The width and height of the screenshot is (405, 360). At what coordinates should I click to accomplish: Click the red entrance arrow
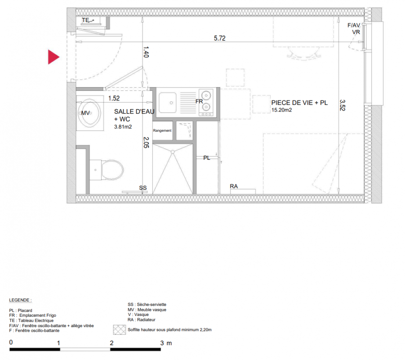[x=53, y=57]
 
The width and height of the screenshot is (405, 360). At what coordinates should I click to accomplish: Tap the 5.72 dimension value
[x=219, y=38]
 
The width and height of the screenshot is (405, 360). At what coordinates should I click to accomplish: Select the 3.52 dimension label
[x=343, y=105]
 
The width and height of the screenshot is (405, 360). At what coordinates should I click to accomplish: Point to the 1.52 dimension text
[x=114, y=98]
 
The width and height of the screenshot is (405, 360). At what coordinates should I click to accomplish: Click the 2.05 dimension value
[x=146, y=143]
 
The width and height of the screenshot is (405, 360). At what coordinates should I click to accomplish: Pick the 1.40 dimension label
[x=146, y=52]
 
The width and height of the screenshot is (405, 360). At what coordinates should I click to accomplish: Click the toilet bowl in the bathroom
[x=112, y=170]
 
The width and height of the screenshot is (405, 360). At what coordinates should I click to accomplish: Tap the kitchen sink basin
[x=167, y=103]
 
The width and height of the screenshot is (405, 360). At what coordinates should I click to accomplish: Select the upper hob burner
[x=206, y=95]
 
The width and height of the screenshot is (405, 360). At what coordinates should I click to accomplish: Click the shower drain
[x=173, y=152]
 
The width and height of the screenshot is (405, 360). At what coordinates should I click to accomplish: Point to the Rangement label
[x=162, y=130]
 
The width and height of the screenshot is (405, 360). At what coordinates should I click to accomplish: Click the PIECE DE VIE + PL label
[x=299, y=103]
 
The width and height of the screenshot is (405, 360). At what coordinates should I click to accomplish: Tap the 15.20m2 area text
[x=281, y=110]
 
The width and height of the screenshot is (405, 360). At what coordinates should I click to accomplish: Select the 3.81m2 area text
[x=123, y=127]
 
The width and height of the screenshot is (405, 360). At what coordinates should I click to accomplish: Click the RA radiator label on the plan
[x=234, y=186]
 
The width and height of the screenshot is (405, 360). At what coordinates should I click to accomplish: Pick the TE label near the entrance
[x=85, y=20]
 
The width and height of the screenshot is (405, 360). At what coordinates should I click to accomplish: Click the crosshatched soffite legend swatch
[x=119, y=330]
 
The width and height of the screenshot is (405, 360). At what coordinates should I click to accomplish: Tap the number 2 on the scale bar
[x=111, y=343]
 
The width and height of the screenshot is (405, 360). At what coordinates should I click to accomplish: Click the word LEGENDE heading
[x=20, y=300]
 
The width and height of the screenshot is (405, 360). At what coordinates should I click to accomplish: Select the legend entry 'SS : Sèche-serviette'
[x=147, y=304]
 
